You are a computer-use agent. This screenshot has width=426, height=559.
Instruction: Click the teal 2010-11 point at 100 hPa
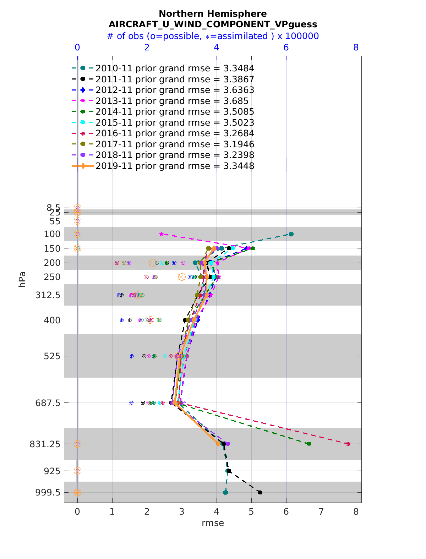pos(291,234)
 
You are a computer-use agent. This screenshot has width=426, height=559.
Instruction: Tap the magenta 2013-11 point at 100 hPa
pos(161,234)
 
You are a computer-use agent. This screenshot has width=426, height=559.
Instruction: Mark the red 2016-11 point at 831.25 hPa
pos(348,444)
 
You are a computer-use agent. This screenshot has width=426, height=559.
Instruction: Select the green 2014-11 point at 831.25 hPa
pos(309,444)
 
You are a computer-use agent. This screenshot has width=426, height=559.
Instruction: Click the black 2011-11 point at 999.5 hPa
pos(260,492)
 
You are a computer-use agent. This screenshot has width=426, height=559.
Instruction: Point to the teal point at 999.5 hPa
pos(225,492)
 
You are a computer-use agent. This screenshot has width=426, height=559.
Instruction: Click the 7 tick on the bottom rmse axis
pos(321,511)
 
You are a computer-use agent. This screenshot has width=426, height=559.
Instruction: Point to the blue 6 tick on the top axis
pos(286,48)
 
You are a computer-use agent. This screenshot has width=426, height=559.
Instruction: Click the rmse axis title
pos(213,523)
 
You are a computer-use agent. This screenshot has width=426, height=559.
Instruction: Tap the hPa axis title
pos(23,279)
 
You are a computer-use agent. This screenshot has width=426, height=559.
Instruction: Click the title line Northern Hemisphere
pos(213,14)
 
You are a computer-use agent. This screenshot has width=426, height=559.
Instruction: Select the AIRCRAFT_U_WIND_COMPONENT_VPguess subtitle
pos(213,24)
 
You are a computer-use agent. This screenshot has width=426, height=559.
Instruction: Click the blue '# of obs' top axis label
pos(213,36)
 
